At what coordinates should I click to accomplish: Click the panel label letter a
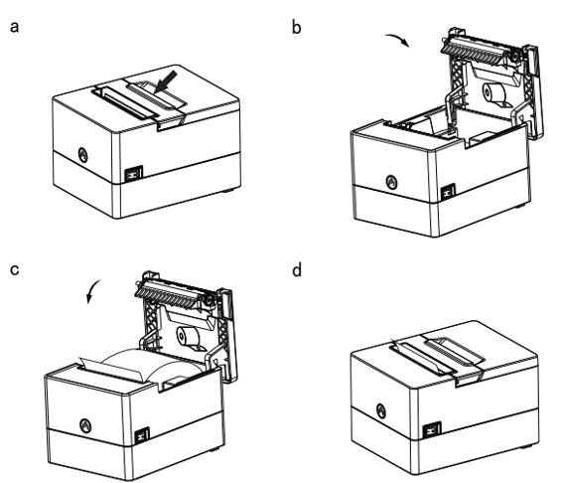pos(14,28)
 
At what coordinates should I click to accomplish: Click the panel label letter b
pos(297,27)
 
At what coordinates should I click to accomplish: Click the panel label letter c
pos(14,269)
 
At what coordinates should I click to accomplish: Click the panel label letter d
pos(297,270)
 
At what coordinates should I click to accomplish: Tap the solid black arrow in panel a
pos(166,81)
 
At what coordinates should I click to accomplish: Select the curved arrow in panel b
pos(398,39)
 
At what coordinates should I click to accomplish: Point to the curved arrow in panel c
pos(92,291)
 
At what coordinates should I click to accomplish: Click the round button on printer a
pos(83,155)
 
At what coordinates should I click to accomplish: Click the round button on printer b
pos(391,182)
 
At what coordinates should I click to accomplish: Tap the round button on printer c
pos(85,425)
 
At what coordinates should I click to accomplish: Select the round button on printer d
pos(381,410)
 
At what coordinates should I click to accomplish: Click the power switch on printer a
pos(133,174)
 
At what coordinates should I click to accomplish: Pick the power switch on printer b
pos(448,192)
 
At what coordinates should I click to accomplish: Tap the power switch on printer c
pos(142,436)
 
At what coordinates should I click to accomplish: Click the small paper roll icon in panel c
pos(190,338)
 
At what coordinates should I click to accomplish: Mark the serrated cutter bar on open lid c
pos(171,294)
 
